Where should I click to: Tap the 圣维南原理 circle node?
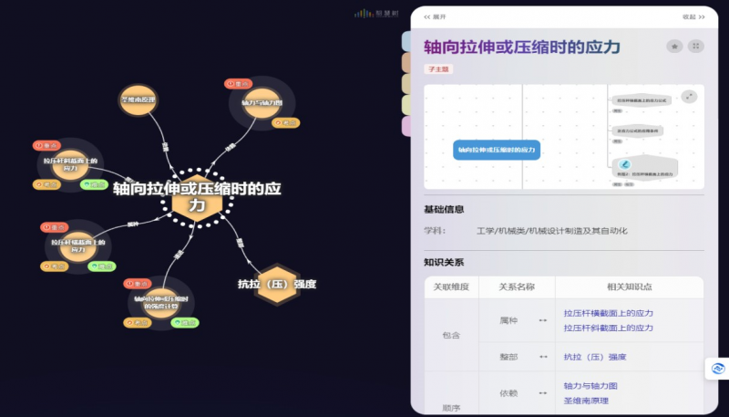click(x=139, y=99)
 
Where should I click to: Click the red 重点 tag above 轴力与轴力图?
click(x=239, y=84)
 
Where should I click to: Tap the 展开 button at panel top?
click(x=436, y=16)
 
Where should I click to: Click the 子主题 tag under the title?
click(x=438, y=68)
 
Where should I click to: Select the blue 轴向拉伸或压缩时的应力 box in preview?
click(x=497, y=148)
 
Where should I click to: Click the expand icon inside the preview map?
click(x=689, y=97)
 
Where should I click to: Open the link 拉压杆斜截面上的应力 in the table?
click(x=608, y=328)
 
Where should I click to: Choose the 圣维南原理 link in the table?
click(x=586, y=400)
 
